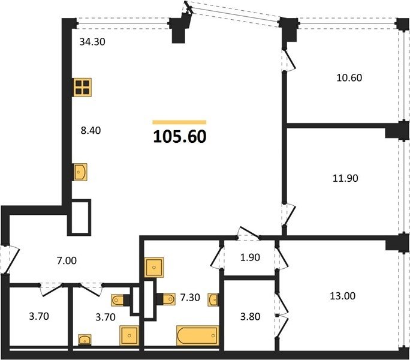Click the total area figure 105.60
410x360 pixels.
(180, 137)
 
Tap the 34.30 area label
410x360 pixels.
(92, 41)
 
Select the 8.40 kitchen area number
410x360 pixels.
(91, 130)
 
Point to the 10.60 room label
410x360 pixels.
(349, 78)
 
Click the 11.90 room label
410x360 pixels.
(345, 178)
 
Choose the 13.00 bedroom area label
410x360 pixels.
(342, 296)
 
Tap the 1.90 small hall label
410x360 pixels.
(250, 257)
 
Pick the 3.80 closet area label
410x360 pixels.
(250, 317)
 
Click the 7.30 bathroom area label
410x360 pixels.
(190, 298)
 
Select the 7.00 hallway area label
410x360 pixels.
(67, 261)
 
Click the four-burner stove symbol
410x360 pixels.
(82, 88)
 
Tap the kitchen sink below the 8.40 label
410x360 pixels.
(80, 172)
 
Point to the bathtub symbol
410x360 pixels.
(197, 335)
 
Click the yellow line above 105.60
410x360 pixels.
(179, 122)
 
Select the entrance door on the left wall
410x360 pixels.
(10, 259)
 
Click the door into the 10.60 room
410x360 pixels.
(289, 60)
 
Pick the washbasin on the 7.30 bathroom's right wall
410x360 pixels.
(213, 299)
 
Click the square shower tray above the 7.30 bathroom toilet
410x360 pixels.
(154, 268)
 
